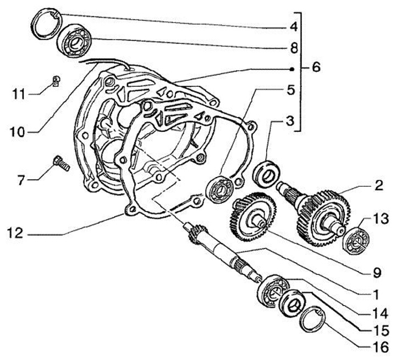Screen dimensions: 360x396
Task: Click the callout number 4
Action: [x=294, y=26]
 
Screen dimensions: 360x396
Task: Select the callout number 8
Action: [x=294, y=48]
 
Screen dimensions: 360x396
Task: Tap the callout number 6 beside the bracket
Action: [x=315, y=68]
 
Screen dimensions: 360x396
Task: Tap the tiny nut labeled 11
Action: [x=56, y=81]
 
